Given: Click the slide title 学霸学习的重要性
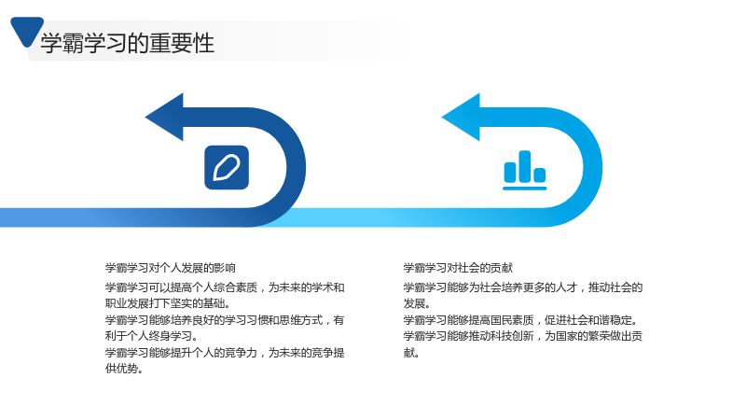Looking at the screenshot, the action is click(128, 43).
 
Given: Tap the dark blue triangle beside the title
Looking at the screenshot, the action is click(27, 31).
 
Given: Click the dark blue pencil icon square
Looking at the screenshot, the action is click(227, 168).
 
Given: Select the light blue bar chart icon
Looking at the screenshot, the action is click(525, 171).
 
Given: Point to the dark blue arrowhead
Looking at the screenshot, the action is click(165, 118).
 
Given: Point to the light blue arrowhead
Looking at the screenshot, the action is click(462, 118).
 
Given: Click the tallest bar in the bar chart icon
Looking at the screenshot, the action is click(525, 166).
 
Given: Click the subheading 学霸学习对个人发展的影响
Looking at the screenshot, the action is click(171, 268).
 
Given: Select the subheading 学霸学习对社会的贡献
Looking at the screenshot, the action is click(458, 268).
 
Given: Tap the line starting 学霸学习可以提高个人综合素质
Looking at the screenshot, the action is click(225, 287).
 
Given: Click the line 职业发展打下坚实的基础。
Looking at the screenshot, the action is click(168, 304).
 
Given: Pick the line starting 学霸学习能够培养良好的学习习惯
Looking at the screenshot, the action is click(225, 320).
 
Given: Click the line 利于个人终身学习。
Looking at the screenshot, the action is click(151, 336).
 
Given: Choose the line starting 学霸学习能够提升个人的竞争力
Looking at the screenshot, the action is click(225, 353).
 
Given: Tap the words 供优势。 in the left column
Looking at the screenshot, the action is click(124, 369).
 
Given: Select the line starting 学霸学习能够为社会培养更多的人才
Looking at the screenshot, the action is click(523, 287).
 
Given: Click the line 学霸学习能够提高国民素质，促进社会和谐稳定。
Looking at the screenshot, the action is click(520, 320).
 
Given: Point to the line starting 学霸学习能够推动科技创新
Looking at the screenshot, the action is click(523, 336).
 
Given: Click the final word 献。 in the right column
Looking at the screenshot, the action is click(411, 353).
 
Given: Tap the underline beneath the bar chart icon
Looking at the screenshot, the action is click(525, 189).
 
